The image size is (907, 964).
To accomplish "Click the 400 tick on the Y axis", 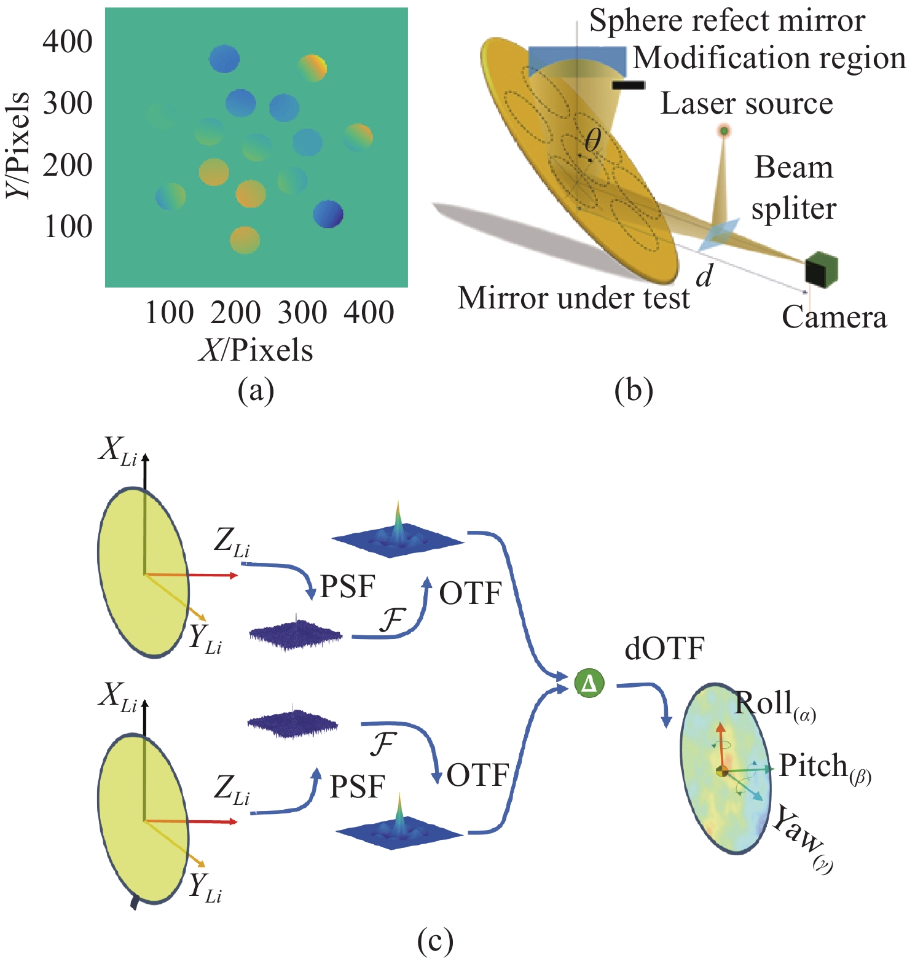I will click(x=68, y=42).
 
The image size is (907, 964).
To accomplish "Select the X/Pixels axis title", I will click(x=256, y=350).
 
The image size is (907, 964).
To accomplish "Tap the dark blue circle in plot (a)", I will click(x=328, y=214).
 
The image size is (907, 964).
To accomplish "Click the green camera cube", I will click(x=822, y=269).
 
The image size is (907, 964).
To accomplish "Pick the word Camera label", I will click(x=834, y=317).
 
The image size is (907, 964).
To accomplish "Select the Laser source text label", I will click(x=746, y=103).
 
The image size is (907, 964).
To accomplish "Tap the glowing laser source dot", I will click(x=724, y=130).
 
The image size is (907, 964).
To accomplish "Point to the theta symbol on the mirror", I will click(x=592, y=141).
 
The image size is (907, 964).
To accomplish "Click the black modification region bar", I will click(x=628, y=85).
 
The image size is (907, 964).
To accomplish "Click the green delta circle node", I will click(x=589, y=683).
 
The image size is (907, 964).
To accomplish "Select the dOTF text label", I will click(x=664, y=649).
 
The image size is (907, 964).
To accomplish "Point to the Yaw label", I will click(x=798, y=834).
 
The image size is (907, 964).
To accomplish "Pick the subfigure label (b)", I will click(x=634, y=391).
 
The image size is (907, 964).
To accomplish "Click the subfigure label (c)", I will click(x=435, y=941).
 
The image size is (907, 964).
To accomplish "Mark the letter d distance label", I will click(x=704, y=276).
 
